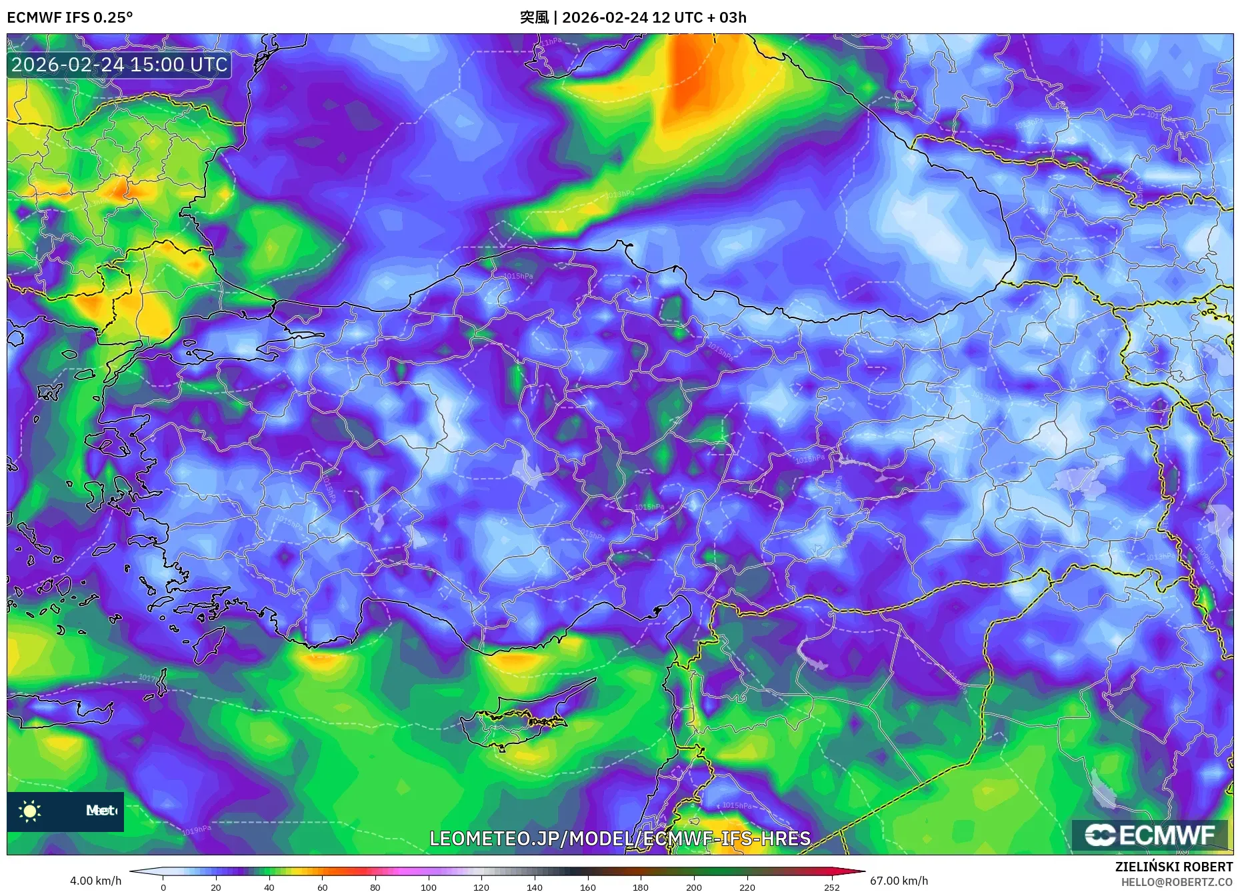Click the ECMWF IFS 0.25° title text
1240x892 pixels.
point(69,17)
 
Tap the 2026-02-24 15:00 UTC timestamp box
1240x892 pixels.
point(119,65)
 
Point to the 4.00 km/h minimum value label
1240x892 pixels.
point(95,881)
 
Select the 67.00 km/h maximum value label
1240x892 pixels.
point(899,881)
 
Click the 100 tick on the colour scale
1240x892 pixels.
point(428,887)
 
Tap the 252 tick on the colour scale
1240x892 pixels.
point(831,887)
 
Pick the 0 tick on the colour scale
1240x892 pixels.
point(163,887)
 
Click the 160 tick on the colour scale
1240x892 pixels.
point(587,887)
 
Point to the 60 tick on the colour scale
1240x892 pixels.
point(323,887)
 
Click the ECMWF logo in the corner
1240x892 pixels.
point(1149,835)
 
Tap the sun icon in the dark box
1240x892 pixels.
point(30,811)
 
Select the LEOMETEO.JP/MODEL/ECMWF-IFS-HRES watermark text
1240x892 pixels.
point(620,839)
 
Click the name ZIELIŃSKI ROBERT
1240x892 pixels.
point(1173,867)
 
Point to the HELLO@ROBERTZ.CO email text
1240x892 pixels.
point(1176,882)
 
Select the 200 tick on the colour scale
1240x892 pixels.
point(693,887)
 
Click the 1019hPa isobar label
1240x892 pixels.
point(197,830)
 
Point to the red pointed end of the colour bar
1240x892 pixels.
point(857,871)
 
